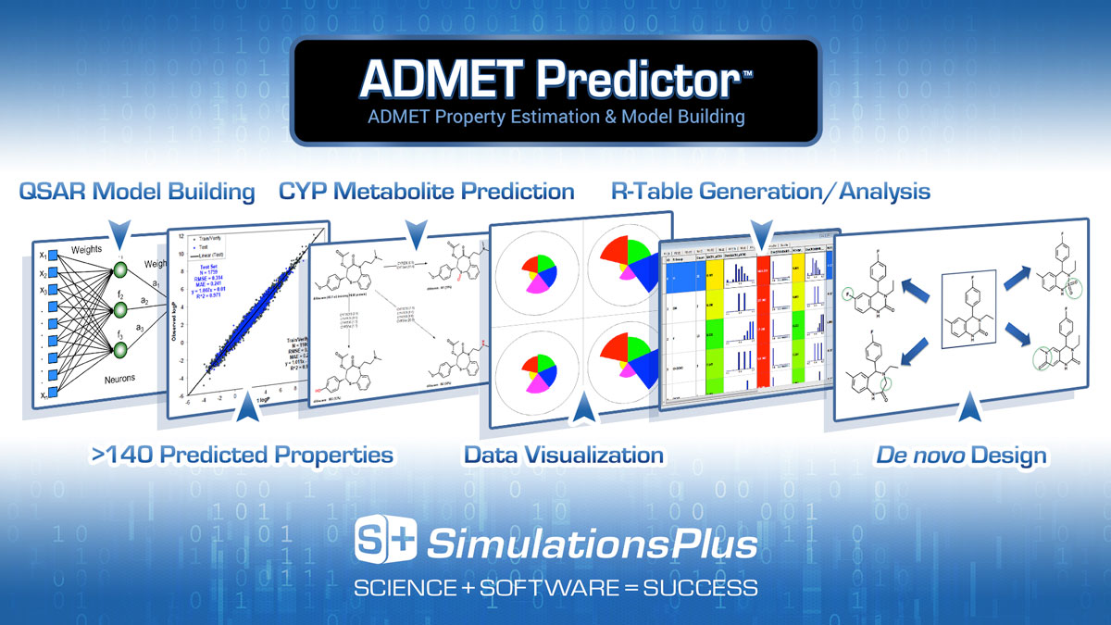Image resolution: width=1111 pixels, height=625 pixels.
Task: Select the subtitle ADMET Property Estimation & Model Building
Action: pos(555,118)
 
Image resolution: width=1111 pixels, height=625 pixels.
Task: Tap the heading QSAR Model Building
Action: pos(137,192)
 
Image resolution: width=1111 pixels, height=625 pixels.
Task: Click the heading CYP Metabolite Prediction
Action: pos(426,192)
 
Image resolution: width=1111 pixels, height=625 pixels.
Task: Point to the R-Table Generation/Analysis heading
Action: pos(770,192)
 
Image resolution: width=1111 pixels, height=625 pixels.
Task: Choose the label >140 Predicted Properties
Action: pos(242,455)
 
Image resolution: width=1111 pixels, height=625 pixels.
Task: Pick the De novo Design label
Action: pos(961,455)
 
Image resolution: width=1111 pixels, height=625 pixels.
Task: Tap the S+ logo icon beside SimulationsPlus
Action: pos(386,542)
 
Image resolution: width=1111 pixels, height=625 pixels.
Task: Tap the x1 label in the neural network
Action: pos(43,256)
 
